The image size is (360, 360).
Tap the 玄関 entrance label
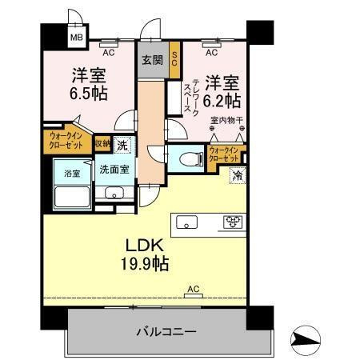tap(152, 60)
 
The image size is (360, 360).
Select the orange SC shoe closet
tap(174, 61)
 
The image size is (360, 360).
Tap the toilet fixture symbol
tap(185, 158)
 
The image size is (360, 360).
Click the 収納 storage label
tap(102, 144)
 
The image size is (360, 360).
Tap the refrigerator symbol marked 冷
tap(238, 175)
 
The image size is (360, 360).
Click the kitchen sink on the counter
tap(186, 222)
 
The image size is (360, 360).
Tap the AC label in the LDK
tap(193, 289)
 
